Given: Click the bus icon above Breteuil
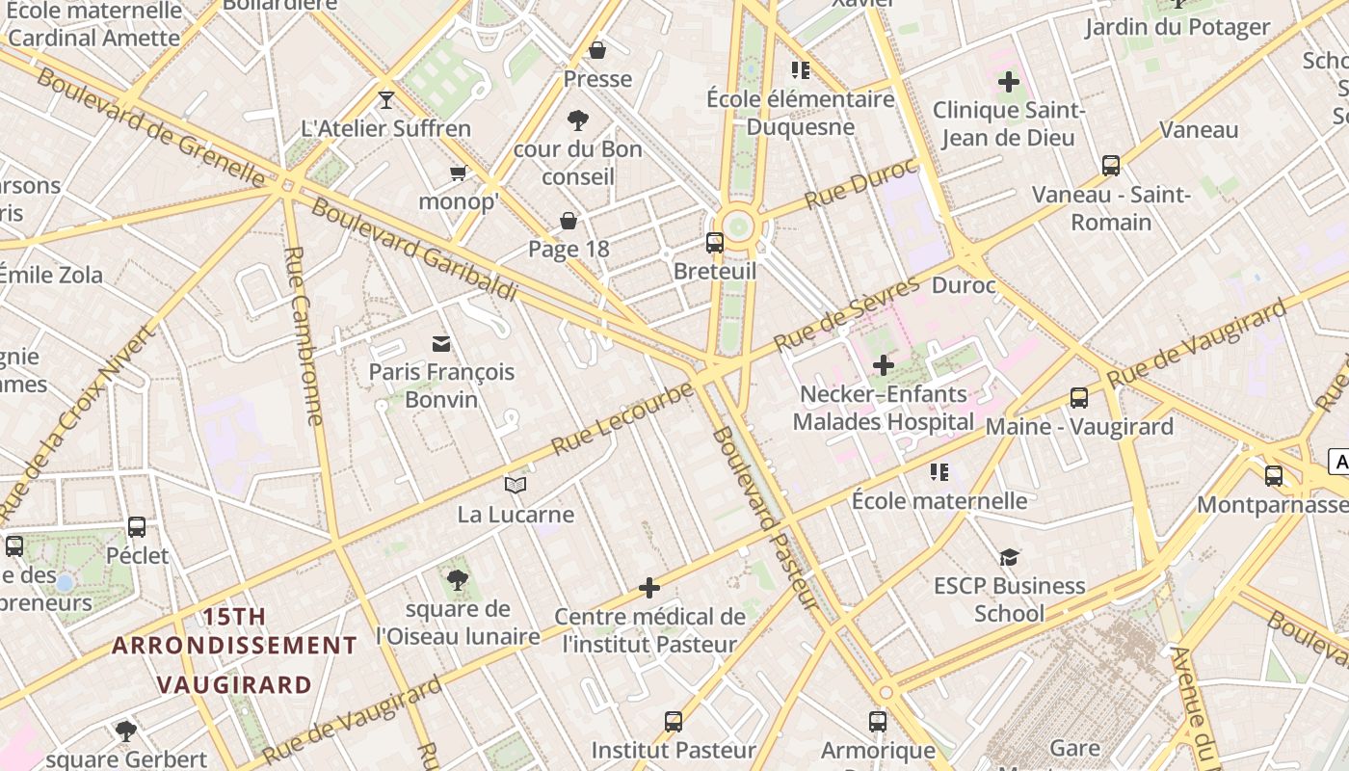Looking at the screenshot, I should (x=714, y=243).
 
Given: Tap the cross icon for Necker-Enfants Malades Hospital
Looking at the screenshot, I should (x=883, y=365).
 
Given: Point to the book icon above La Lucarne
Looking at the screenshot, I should (x=516, y=485).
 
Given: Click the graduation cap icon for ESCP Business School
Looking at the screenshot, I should (x=1009, y=557).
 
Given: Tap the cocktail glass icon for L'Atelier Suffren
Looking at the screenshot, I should (x=386, y=99).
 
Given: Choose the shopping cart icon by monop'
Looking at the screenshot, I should (x=458, y=173).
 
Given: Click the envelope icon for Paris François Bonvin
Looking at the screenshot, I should (x=441, y=343).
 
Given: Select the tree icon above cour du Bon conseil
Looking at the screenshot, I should (x=578, y=120).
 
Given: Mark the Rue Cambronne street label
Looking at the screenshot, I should (x=304, y=335).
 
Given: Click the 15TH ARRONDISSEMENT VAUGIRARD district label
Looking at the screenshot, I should (x=234, y=651).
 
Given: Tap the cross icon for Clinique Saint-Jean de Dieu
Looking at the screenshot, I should (x=1009, y=82).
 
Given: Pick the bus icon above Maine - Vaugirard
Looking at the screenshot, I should (x=1079, y=398).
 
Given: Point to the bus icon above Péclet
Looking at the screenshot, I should (x=137, y=527).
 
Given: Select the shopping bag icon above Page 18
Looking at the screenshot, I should (x=569, y=221).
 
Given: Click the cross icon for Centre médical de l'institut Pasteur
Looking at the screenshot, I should (x=649, y=588).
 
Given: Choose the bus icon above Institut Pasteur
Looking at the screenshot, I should (x=674, y=721).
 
